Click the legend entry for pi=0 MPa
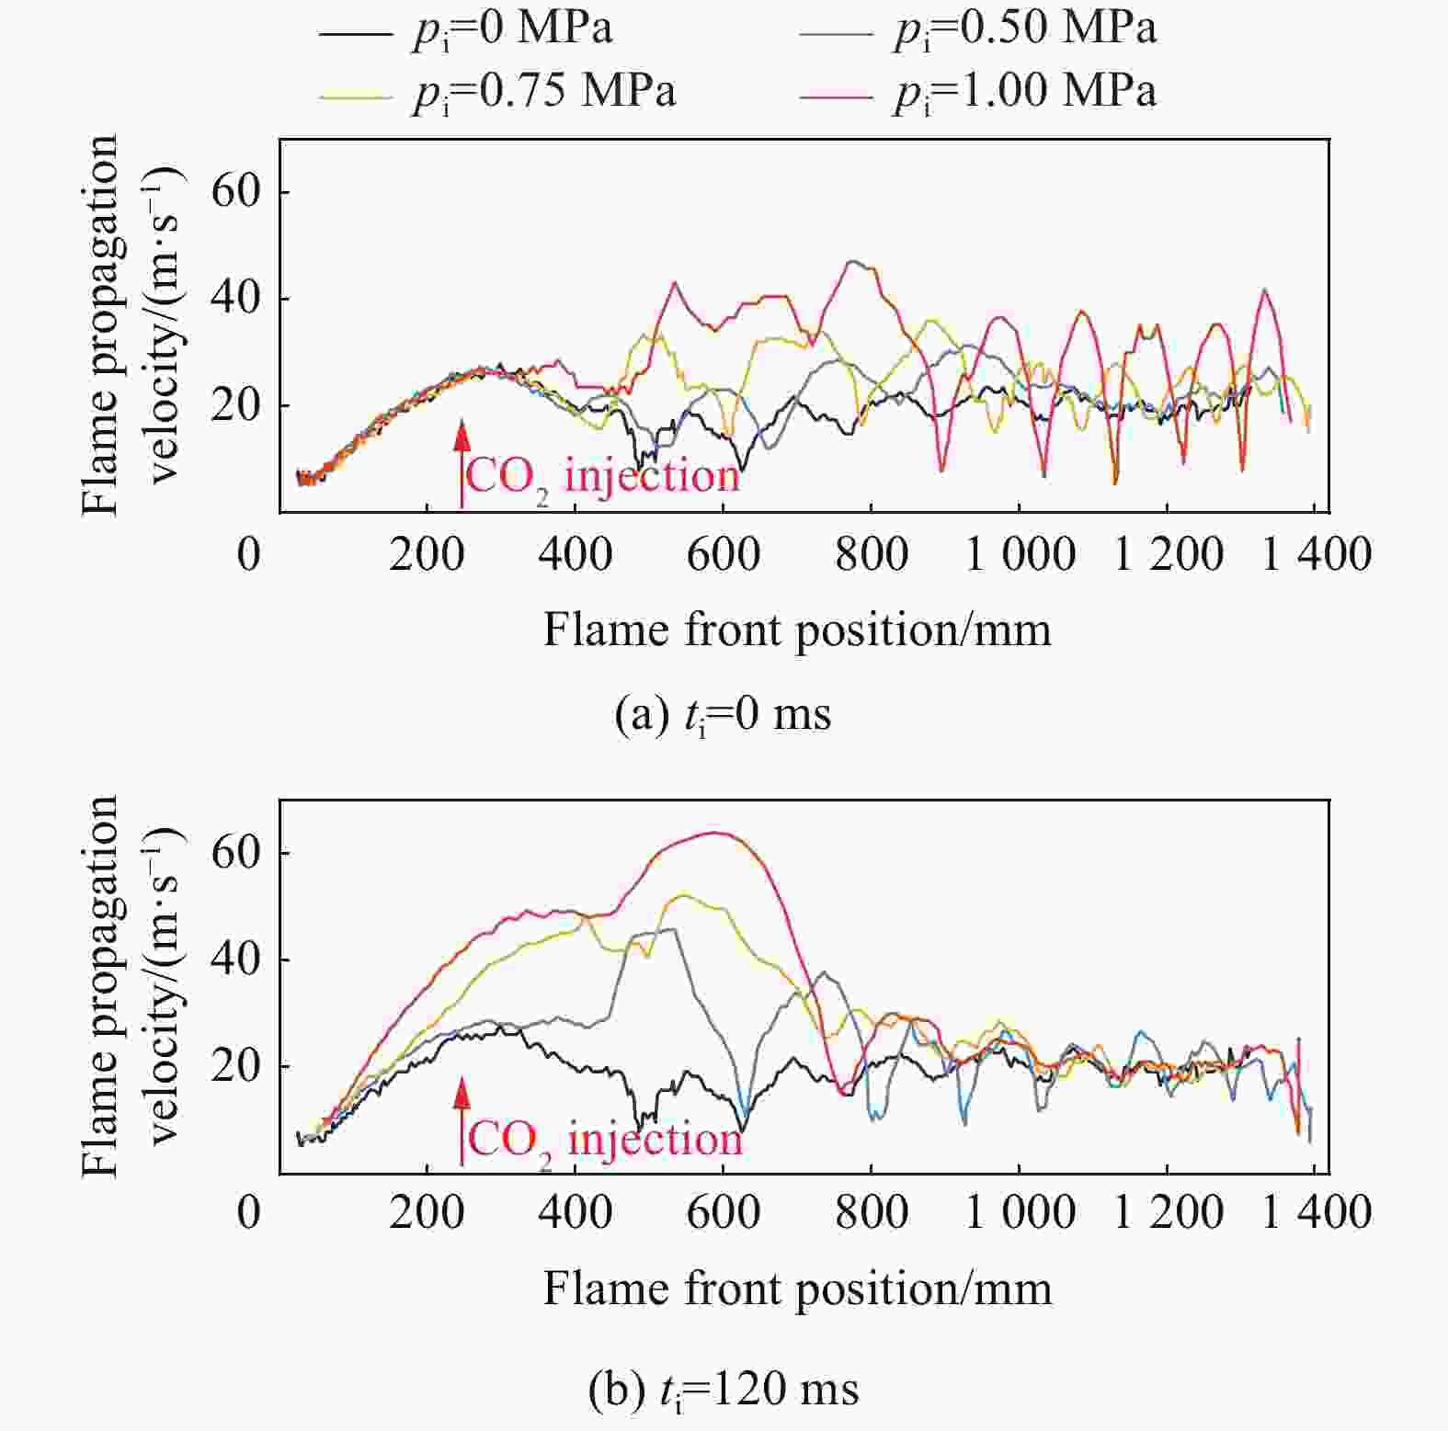pos(464,29)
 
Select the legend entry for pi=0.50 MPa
pos(977,29)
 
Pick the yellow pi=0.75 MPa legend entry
pos(496,92)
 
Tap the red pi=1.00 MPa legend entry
pos(977,92)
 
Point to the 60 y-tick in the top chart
pos(235,191)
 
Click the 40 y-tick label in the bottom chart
pos(235,959)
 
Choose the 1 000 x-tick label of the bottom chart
pos(1019,1212)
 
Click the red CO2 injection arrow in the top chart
pos(462,460)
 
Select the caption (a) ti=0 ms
pos(723,714)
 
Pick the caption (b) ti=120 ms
pos(723,1390)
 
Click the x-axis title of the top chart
pos(796,630)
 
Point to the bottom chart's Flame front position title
pos(796,1289)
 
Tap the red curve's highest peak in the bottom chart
pos(717,833)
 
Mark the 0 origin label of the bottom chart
pos(248,1212)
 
